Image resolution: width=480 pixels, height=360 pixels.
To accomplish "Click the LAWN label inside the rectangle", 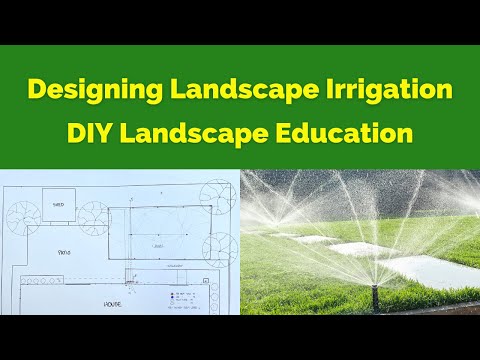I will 157,243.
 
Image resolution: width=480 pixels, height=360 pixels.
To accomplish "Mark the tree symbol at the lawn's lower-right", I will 217,250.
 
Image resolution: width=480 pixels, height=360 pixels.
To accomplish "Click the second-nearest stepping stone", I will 345,250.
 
